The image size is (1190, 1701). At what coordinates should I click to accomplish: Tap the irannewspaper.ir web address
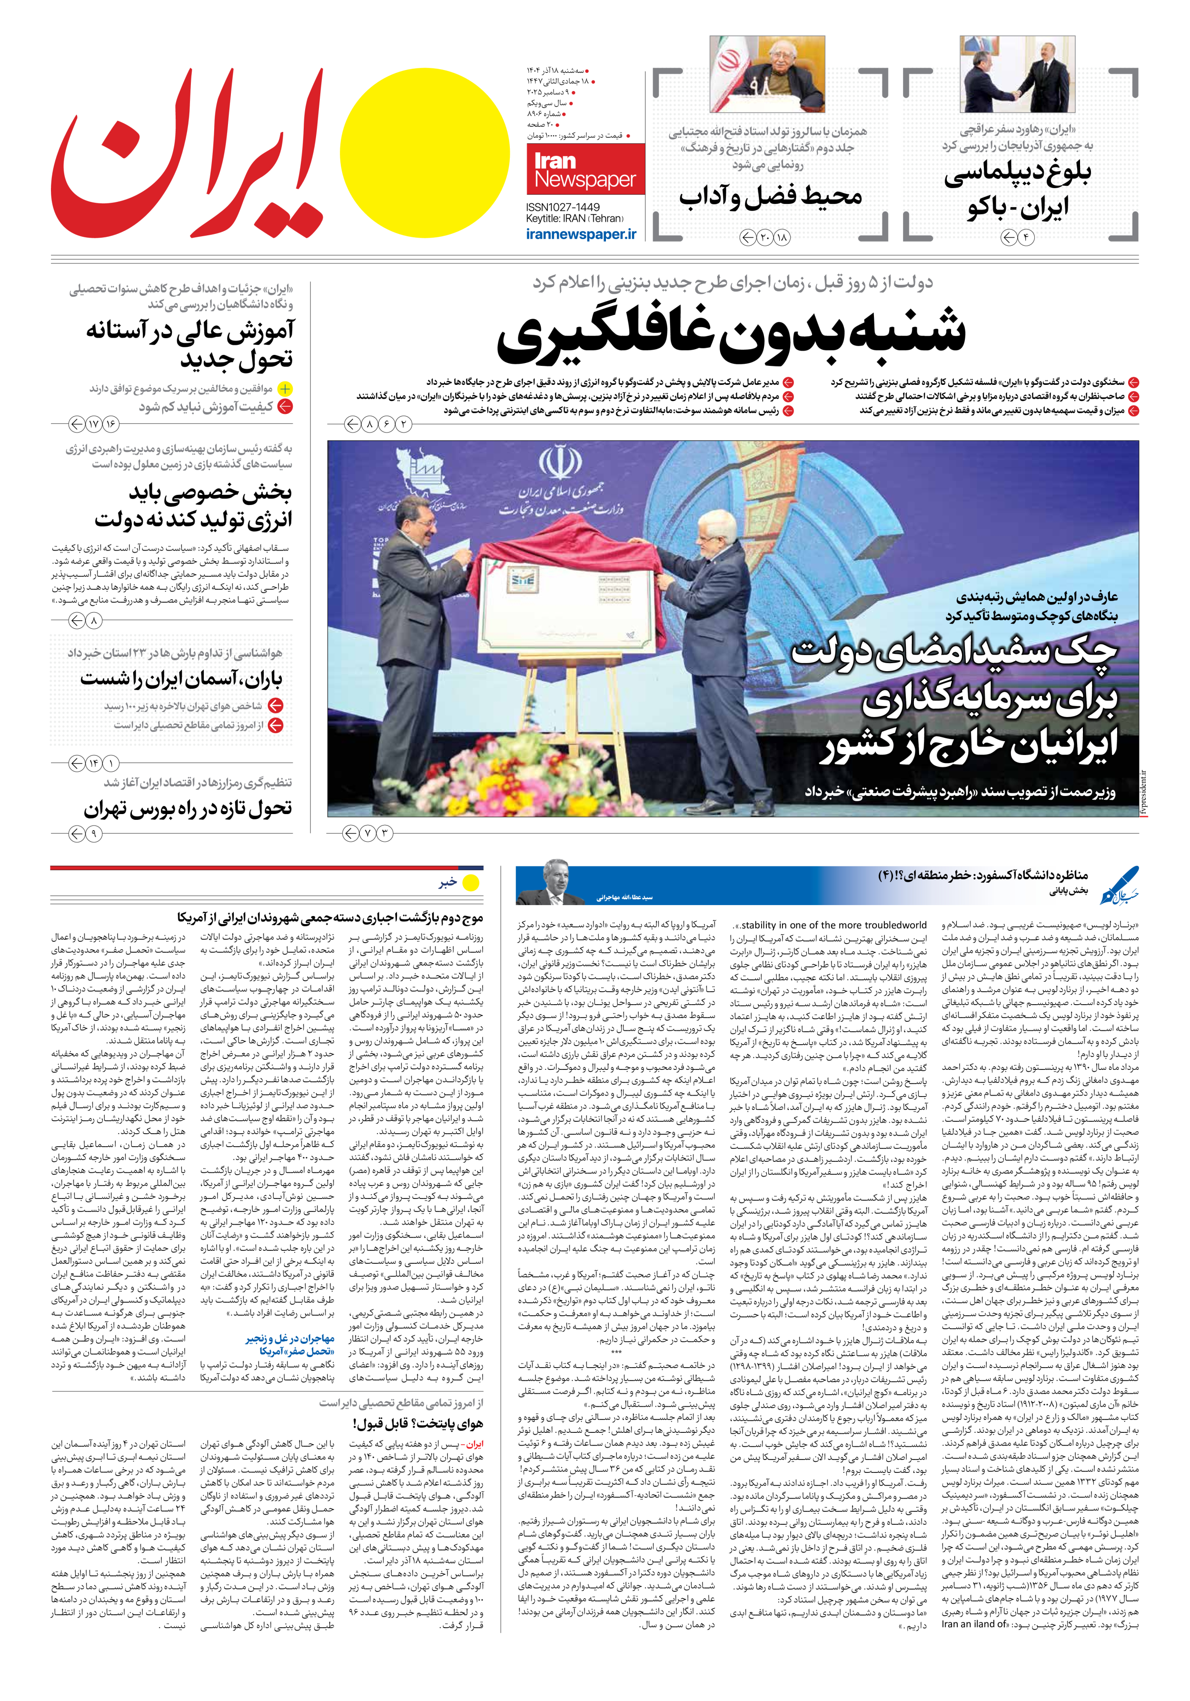pyautogui.click(x=581, y=234)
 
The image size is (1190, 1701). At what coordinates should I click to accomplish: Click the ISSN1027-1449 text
pyautogui.click(x=563, y=207)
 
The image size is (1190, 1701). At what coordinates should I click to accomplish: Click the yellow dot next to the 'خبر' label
pyautogui.click(x=470, y=882)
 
